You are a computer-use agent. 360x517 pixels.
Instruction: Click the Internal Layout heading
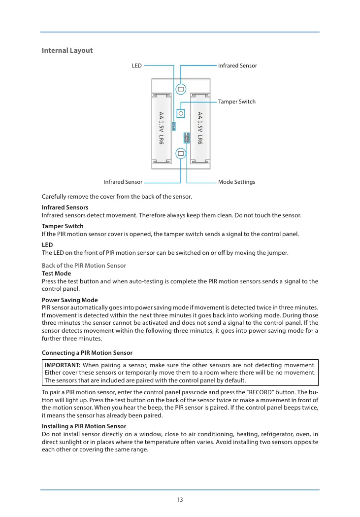pos(67,50)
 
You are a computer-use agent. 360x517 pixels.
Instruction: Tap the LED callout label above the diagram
pos(137,66)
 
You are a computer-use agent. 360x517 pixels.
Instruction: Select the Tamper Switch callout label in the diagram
pos(237,102)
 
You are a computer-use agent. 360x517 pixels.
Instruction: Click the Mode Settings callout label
pos(236,182)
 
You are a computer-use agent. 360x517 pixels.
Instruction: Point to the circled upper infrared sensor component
pos(181,89)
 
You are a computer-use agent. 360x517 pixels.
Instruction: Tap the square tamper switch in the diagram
pos(181,113)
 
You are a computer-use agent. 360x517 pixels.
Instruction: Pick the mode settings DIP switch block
pos(186,138)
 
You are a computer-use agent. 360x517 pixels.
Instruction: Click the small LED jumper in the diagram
pos(174,126)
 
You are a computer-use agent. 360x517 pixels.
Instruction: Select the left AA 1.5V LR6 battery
pos(161,128)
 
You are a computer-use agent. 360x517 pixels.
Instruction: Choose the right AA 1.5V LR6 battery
pos(200,128)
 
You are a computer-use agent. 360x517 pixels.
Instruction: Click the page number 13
pos(180,500)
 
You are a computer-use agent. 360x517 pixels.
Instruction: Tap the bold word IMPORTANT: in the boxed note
pos(63,365)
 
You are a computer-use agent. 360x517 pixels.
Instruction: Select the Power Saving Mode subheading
pos(69,300)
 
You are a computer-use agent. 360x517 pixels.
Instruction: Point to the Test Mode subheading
pos(56,274)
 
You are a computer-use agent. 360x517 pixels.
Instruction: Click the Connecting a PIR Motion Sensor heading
pos(87,353)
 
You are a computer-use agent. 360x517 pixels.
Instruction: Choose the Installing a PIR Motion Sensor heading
pos(84,426)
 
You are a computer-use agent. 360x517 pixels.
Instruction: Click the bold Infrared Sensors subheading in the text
pos(65,207)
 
